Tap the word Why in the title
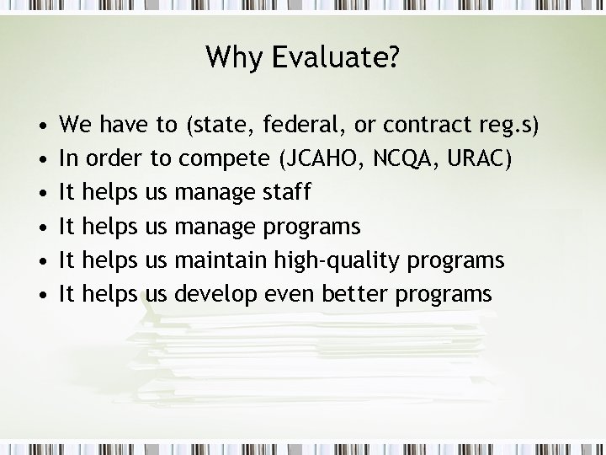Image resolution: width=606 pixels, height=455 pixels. click(x=229, y=57)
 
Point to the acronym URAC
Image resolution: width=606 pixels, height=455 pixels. click(x=478, y=159)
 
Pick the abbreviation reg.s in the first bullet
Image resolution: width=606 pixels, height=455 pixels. click(x=502, y=126)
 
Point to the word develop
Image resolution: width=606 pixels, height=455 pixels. click(x=215, y=294)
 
